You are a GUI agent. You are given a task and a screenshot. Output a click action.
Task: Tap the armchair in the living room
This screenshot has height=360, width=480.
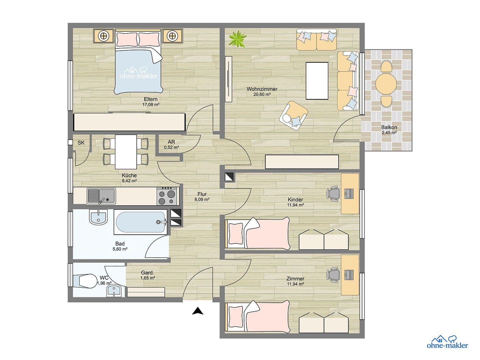pyautogui.click(x=293, y=114)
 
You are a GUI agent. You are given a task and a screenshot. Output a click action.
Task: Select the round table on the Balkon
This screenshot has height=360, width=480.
pyautogui.click(x=386, y=84)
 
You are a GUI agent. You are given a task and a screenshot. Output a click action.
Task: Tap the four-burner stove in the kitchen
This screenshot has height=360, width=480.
pyautogui.click(x=167, y=196)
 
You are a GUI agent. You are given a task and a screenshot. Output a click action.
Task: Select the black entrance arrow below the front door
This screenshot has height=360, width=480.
pyautogui.click(x=198, y=311)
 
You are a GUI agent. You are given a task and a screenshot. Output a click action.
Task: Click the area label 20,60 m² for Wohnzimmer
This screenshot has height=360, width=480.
pyautogui.click(x=262, y=94)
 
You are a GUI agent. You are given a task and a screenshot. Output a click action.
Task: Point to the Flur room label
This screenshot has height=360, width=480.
pyautogui.click(x=202, y=194)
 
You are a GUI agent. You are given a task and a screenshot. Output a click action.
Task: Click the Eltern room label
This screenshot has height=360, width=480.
pyautogui.click(x=151, y=99)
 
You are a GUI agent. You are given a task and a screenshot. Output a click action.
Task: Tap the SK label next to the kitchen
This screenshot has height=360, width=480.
pyautogui.click(x=81, y=143)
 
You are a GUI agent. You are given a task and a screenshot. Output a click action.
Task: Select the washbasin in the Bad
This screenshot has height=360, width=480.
pyautogui.click(x=98, y=217)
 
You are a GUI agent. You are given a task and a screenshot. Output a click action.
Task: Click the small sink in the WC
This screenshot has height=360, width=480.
pyautogui.click(x=114, y=291)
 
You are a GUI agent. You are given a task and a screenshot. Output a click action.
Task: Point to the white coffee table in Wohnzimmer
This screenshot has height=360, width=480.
pyautogui.click(x=317, y=81)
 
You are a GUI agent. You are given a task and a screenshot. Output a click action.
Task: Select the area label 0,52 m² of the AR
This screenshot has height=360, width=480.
pyautogui.click(x=171, y=147)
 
